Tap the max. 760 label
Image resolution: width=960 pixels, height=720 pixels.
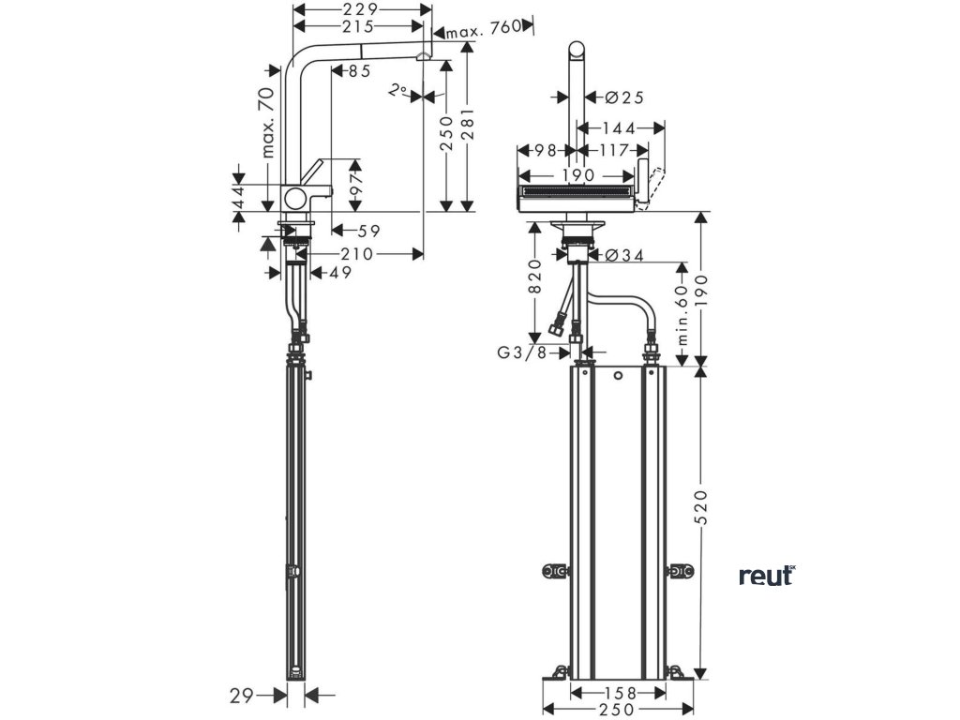(x=483, y=31)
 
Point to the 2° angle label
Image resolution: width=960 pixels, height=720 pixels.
(x=399, y=91)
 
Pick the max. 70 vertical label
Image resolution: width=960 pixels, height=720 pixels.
(x=268, y=121)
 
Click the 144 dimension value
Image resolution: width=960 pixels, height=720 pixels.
(x=619, y=127)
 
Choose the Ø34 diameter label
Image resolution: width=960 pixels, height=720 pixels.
(x=618, y=254)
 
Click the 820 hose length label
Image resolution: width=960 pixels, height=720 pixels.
(x=535, y=277)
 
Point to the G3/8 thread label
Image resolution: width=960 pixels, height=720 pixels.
(x=522, y=353)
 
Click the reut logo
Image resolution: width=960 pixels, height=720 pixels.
(x=766, y=575)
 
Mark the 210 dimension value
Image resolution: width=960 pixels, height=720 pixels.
(x=357, y=253)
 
